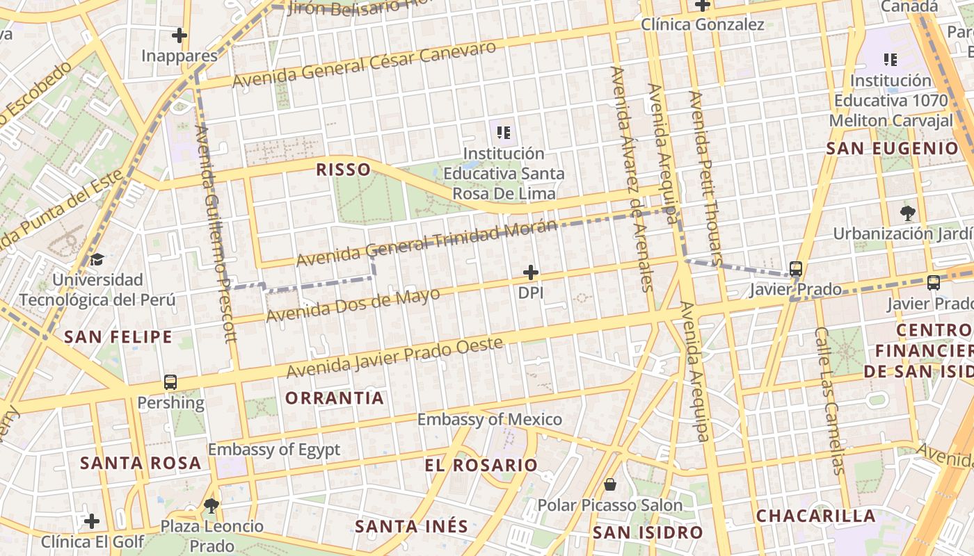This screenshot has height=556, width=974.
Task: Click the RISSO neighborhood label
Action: tap(343, 170)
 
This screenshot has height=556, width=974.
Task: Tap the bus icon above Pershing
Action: tap(170, 382)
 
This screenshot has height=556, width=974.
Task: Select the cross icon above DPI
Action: tap(531, 272)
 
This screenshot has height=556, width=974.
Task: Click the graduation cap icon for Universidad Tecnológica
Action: tap(97, 260)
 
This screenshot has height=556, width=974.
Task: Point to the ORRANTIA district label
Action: tap(335, 398)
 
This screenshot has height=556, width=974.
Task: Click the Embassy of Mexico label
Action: tap(489, 419)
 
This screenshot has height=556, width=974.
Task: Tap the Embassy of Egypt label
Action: tap(274, 449)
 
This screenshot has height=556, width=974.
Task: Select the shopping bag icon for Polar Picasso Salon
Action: tap(610, 484)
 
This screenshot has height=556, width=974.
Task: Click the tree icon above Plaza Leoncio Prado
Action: tap(211, 505)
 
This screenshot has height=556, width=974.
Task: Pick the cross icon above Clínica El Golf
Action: tap(92, 521)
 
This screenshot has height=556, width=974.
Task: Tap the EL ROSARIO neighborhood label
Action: tap(481, 465)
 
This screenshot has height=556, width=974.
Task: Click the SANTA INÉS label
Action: tap(411, 526)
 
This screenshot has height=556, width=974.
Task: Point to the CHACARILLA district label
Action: tap(815, 516)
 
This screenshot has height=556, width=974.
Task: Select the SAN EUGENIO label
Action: tap(892, 148)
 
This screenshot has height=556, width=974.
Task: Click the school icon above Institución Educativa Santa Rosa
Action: tap(504, 132)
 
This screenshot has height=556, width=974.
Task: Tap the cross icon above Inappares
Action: tap(179, 35)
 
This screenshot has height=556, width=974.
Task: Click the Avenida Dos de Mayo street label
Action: tap(353, 304)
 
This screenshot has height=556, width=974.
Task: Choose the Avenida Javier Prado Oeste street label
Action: tap(394, 357)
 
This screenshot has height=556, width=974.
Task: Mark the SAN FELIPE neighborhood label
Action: tap(118, 337)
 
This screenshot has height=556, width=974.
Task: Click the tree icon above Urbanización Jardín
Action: tap(907, 213)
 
